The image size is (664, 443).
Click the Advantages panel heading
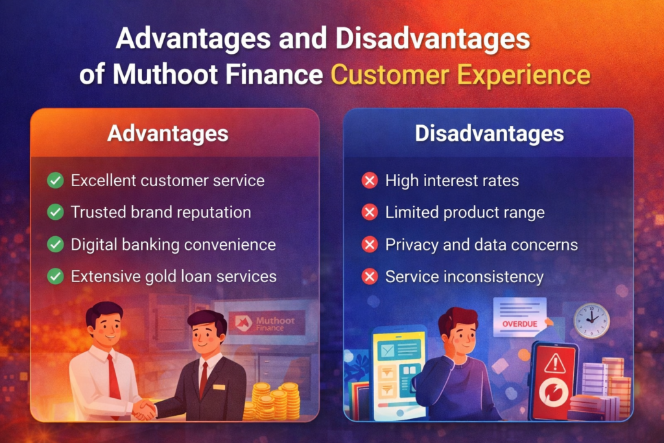click(x=167, y=134)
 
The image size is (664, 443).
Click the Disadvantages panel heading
click(x=489, y=134)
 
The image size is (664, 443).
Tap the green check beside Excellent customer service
click(x=56, y=180)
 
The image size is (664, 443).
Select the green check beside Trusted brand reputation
click(x=56, y=212)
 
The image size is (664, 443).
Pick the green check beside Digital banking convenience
click(x=56, y=245)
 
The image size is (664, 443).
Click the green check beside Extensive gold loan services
click(x=56, y=276)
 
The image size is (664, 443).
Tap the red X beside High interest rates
click(x=370, y=180)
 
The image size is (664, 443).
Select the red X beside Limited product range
click(x=370, y=212)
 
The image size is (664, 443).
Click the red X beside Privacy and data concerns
click(x=370, y=245)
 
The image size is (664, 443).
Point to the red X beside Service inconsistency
click(x=370, y=277)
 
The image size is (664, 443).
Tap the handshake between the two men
click(x=145, y=409)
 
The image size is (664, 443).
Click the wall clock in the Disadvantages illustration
click(x=591, y=320)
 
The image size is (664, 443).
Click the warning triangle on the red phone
click(x=554, y=364)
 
